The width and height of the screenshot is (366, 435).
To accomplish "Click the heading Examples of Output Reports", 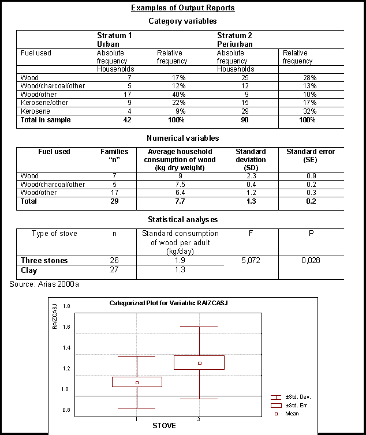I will click(x=182, y=8).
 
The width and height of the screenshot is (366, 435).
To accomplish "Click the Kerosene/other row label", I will click(x=44, y=103).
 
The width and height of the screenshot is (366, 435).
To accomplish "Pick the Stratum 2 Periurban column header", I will click(x=234, y=40).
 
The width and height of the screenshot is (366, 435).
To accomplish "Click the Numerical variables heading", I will click(x=182, y=138).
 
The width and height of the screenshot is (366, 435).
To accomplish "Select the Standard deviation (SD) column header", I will click(x=251, y=160).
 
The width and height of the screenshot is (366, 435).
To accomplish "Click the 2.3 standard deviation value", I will click(x=251, y=176).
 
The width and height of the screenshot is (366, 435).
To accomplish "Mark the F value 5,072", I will click(x=251, y=261).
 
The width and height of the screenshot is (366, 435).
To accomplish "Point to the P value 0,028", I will click(x=311, y=261).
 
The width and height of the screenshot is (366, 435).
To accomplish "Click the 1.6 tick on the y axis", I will click(x=66, y=327).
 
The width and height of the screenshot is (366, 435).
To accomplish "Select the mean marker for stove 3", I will click(x=199, y=363).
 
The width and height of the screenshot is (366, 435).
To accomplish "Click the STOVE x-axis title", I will click(x=164, y=426).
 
